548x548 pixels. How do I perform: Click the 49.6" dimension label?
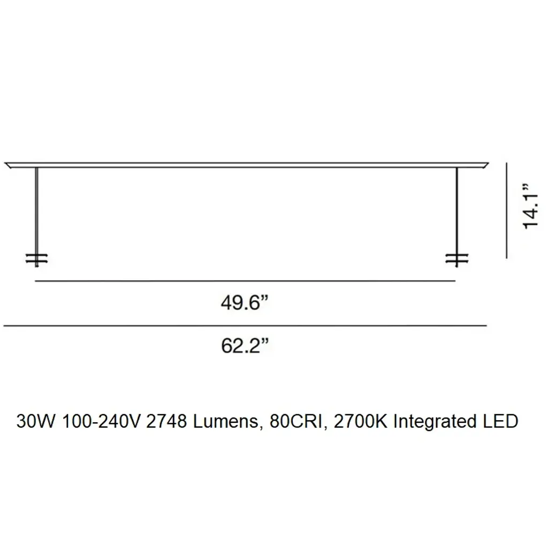(x=245, y=302)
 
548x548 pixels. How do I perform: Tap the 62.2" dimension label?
(x=245, y=346)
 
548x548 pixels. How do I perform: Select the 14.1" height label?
(x=530, y=207)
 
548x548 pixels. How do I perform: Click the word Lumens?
(x=226, y=422)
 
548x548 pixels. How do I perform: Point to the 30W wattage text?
(x=36, y=422)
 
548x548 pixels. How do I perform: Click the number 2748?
(x=167, y=422)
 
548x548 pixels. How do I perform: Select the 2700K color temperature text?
(x=361, y=422)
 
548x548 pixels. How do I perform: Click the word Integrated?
(x=435, y=422)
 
